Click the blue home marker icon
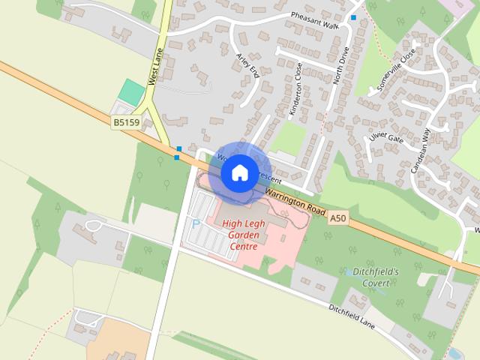239,173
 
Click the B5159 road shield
127,122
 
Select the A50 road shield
339,217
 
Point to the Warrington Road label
295,201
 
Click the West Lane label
156,67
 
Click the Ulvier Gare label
386,138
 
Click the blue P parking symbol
196,224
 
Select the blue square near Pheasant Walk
353,16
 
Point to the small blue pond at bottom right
454,352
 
